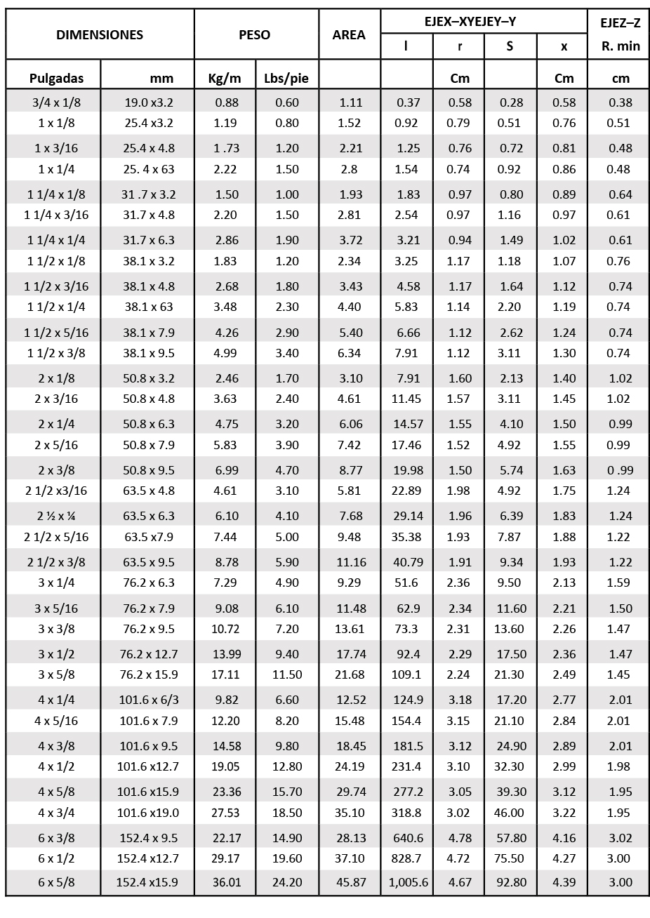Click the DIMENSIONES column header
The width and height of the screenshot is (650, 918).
pos(100,35)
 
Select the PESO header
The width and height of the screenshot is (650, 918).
pos(254,35)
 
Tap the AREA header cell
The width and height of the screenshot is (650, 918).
pos(349,35)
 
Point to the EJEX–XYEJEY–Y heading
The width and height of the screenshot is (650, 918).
pos(470,22)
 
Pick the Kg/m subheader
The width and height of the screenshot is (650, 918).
pos(225,79)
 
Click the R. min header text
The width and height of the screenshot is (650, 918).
pos(621,47)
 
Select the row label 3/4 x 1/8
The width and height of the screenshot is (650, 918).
pos(57,102)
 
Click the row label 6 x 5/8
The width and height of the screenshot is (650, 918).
pos(57,883)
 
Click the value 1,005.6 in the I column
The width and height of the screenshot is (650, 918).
pos(408,883)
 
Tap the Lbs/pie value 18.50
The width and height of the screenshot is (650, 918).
pos(286,813)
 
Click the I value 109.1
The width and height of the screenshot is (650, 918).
pos(408,674)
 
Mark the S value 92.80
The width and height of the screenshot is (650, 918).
pos(510,883)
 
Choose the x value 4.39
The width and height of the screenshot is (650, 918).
pos(564,883)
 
